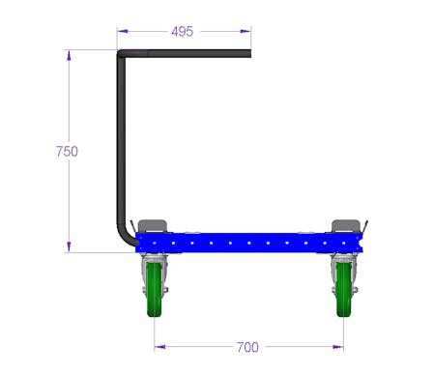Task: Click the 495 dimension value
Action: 183,32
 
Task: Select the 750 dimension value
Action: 67,151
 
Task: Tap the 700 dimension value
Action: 247,347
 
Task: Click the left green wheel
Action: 155,289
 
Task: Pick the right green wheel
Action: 344,289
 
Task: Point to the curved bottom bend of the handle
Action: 126,237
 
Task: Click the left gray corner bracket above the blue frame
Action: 153,226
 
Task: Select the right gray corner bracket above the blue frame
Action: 346,226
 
